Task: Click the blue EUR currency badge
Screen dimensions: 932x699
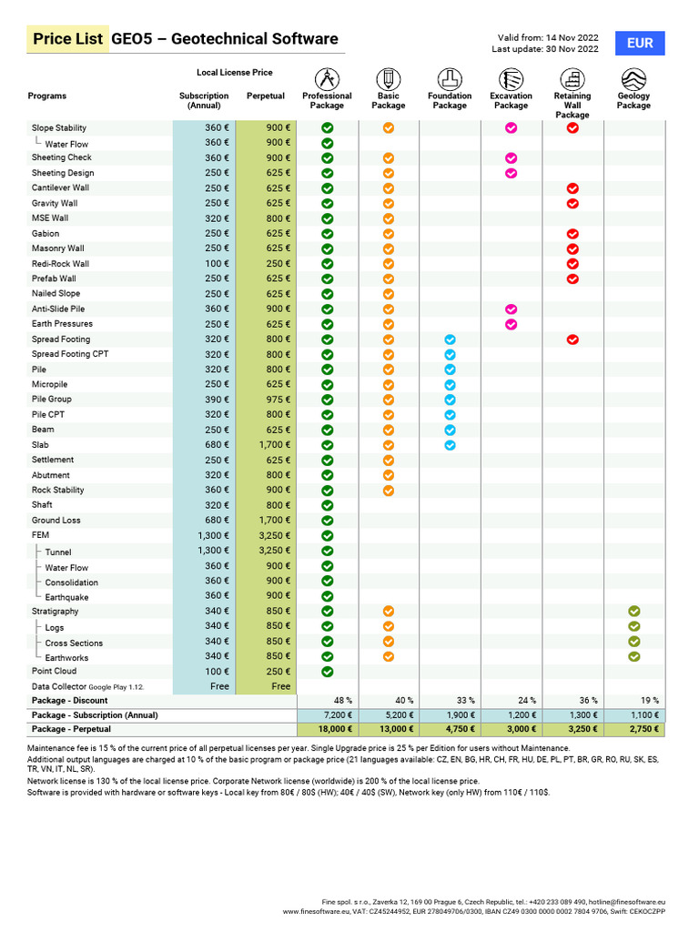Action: pos(640,43)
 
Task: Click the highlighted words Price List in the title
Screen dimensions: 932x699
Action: pos(67,39)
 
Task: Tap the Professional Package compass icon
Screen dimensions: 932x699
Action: pos(327,78)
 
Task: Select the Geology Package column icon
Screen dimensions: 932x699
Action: pos(633,78)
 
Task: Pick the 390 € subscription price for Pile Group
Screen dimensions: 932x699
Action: pos(217,400)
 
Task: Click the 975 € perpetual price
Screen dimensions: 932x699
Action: pos(278,400)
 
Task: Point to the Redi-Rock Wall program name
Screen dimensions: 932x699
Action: pos(60,264)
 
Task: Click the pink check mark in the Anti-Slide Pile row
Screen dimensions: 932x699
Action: pos(511,309)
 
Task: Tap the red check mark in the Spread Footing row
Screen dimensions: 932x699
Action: pos(572,339)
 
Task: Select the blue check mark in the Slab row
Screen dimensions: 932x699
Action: pos(450,445)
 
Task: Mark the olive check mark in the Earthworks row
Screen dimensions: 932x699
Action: pos(634,656)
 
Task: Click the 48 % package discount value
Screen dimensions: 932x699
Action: pos(342,701)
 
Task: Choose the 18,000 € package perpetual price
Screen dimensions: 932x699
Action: pos(335,730)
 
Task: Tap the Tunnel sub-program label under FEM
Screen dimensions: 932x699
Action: pos(58,552)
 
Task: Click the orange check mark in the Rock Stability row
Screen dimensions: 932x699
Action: pos(389,491)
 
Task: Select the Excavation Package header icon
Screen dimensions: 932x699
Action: pos(511,78)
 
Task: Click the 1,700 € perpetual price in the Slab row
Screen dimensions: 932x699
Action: pos(275,445)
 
